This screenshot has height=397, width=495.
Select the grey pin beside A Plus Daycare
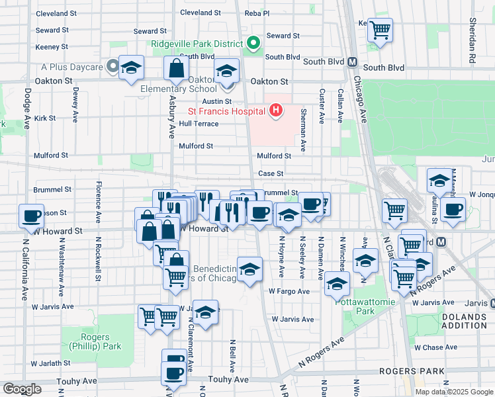pyautogui.click(x=113, y=66)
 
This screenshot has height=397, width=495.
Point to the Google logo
pyautogui.click(x=22, y=389)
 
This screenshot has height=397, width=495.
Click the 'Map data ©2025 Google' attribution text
pyautogui.click(x=455, y=392)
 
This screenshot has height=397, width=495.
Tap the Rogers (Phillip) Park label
pyautogui.click(x=89, y=341)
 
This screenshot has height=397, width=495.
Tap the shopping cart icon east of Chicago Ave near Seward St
pyautogui.click(x=380, y=28)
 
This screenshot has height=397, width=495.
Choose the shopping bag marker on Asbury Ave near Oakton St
pyautogui.click(x=177, y=67)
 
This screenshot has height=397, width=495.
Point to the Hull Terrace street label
pyautogui.click(x=199, y=124)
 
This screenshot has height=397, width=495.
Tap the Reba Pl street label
pyautogui.click(x=257, y=13)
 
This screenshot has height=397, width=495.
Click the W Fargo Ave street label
pyautogui.click(x=289, y=291)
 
